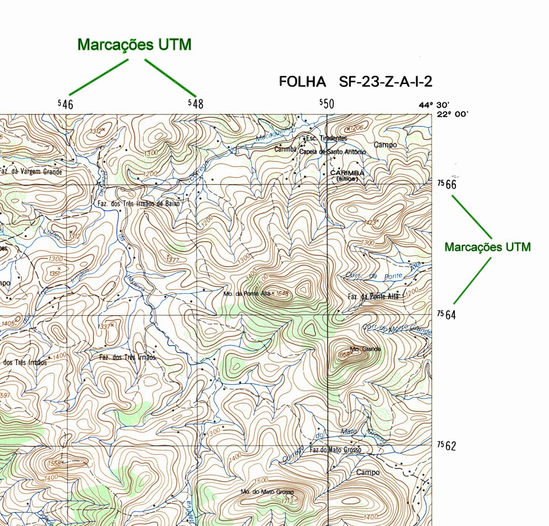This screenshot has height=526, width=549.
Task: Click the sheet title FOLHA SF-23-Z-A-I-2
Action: pos(355,82)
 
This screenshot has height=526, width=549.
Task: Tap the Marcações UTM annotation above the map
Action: pos(134,45)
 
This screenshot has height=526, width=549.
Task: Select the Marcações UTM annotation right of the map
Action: pos(487,247)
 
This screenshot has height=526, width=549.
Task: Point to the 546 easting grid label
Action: pos(65,103)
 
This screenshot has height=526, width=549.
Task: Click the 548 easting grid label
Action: pos(195,103)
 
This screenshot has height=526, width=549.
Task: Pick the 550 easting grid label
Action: pos(327,103)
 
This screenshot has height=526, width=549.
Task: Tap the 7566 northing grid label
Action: pos(447,184)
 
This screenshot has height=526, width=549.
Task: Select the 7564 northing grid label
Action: pos(447,314)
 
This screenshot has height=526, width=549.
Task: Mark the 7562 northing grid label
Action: pos(447,445)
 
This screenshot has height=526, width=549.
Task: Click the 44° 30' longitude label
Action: pos(435,105)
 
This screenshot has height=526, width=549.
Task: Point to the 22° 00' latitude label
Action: pos(453,114)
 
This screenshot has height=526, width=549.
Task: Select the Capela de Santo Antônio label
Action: pos(332,152)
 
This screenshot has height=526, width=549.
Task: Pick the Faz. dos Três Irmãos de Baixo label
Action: pos(138,204)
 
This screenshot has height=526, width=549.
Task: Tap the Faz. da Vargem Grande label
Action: pos(30,172)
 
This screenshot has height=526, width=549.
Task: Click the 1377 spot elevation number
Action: pos(173,259)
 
